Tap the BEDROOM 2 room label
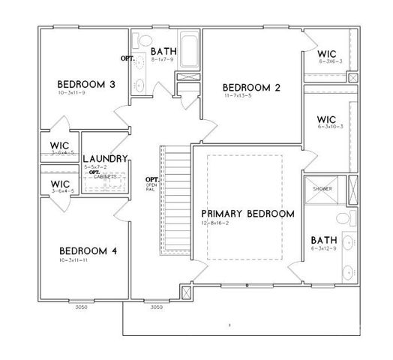(x=252, y=88)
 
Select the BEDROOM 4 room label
(x=87, y=250)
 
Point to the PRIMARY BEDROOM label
(x=247, y=214)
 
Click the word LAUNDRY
(x=105, y=158)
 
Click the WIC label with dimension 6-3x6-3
(x=326, y=55)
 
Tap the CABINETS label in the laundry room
(x=105, y=176)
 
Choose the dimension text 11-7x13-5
(x=237, y=97)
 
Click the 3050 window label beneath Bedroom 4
(x=81, y=307)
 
